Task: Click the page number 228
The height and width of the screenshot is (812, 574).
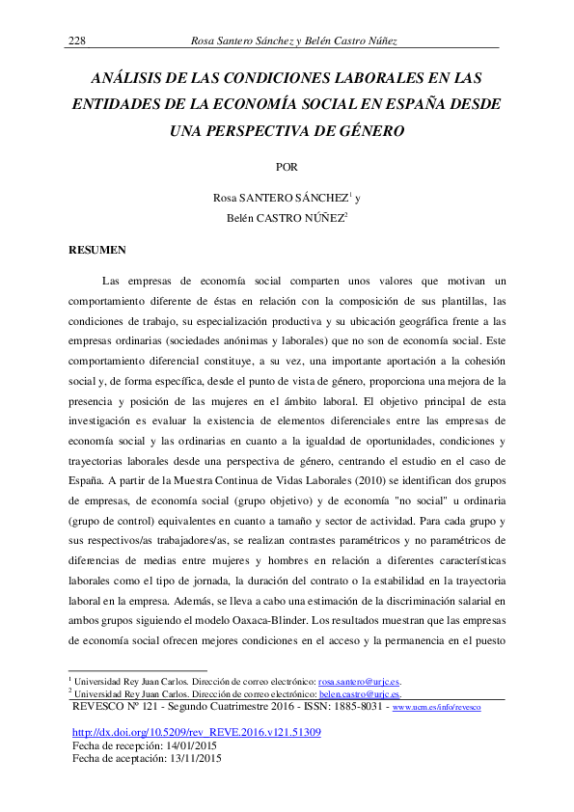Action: pos(76,40)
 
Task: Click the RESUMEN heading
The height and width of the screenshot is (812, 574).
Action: pos(97,251)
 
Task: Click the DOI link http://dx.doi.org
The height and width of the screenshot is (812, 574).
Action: pos(197,733)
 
